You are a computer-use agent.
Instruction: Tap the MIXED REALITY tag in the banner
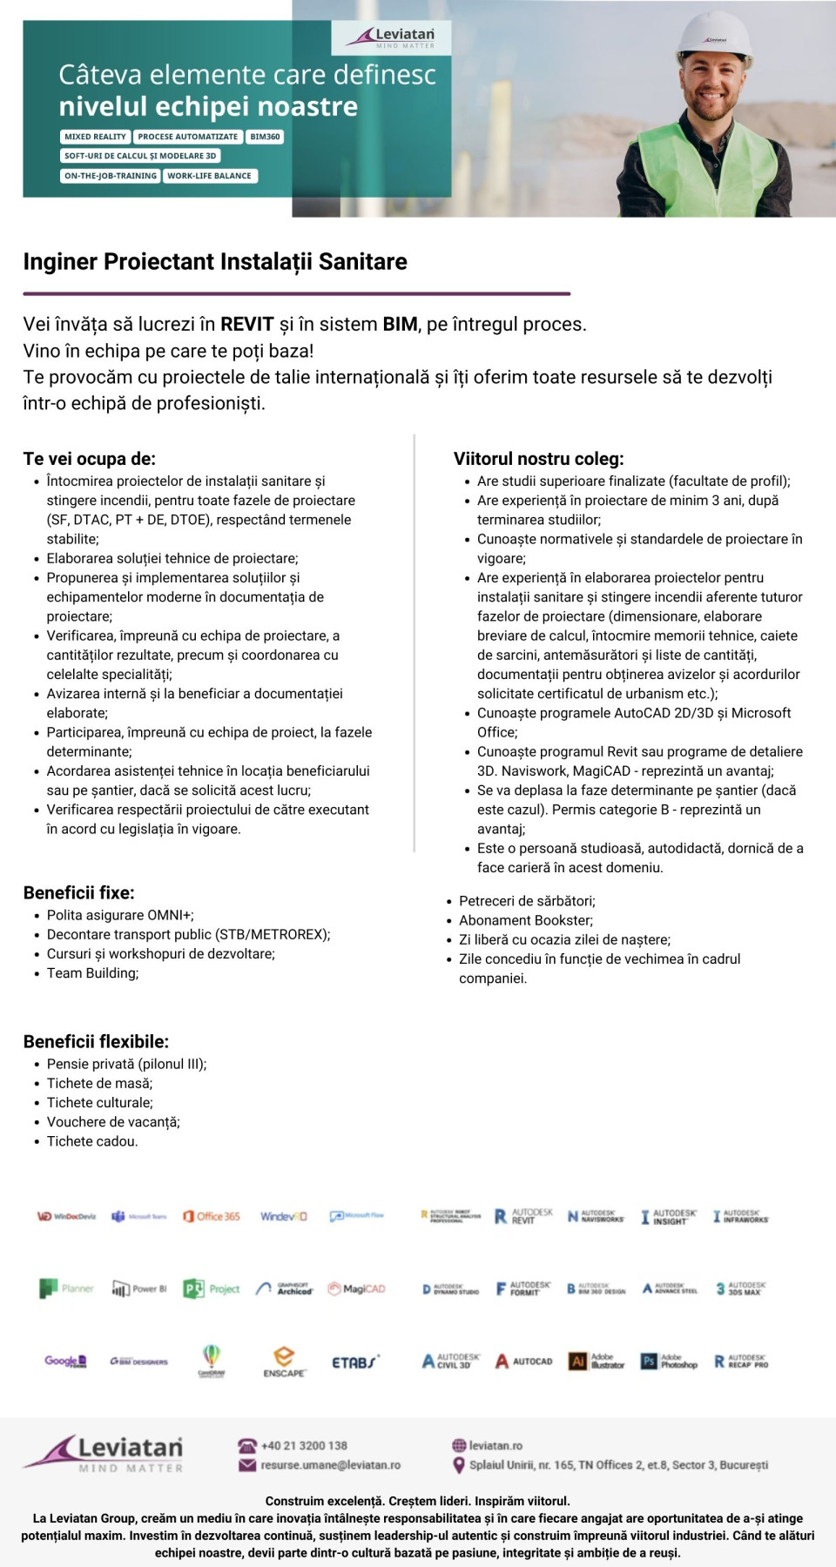pyautogui.click(x=96, y=137)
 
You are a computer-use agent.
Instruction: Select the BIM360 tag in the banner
pyautogui.click(x=265, y=137)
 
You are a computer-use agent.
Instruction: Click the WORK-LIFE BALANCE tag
pyautogui.click(x=209, y=176)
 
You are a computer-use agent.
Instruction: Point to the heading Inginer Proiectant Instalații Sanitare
pyautogui.click(x=215, y=262)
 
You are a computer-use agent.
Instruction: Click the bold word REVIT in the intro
pyautogui.click(x=247, y=325)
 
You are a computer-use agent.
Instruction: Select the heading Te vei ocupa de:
pyautogui.click(x=90, y=459)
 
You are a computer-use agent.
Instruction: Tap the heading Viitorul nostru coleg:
pyautogui.click(x=538, y=459)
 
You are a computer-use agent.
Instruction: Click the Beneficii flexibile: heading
pyautogui.click(x=96, y=1042)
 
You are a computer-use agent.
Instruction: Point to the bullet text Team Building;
pyautogui.click(x=92, y=973)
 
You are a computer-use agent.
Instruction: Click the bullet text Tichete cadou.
pyautogui.click(x=92, y=1141)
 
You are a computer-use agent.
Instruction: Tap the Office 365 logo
pyautogui.click(x=212, y=1216)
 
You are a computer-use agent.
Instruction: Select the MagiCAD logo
pyautogui.click(x=356, y=1288)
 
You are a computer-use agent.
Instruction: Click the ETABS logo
pyautogui.click(x=355, y=1362)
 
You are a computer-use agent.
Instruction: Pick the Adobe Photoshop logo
pyautogui.click(x=669, y=1362)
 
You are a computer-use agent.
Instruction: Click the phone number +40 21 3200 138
pyautogui.click(x=304, y=1445)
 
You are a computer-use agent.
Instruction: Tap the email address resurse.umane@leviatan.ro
pyautogui.click(x=330, y=1465)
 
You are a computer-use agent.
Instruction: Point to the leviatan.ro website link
pyautogui.click(x=496, y=1445)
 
